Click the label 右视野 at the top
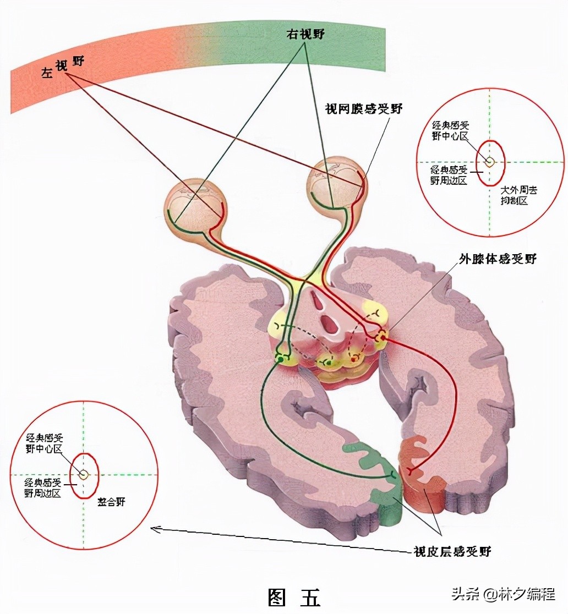305,34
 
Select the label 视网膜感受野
363,109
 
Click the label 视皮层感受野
452,551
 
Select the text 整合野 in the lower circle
111,502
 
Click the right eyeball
336,185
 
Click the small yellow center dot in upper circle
489,162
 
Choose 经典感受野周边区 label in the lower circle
43,487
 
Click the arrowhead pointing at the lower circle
155,529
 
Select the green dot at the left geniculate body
281,360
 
